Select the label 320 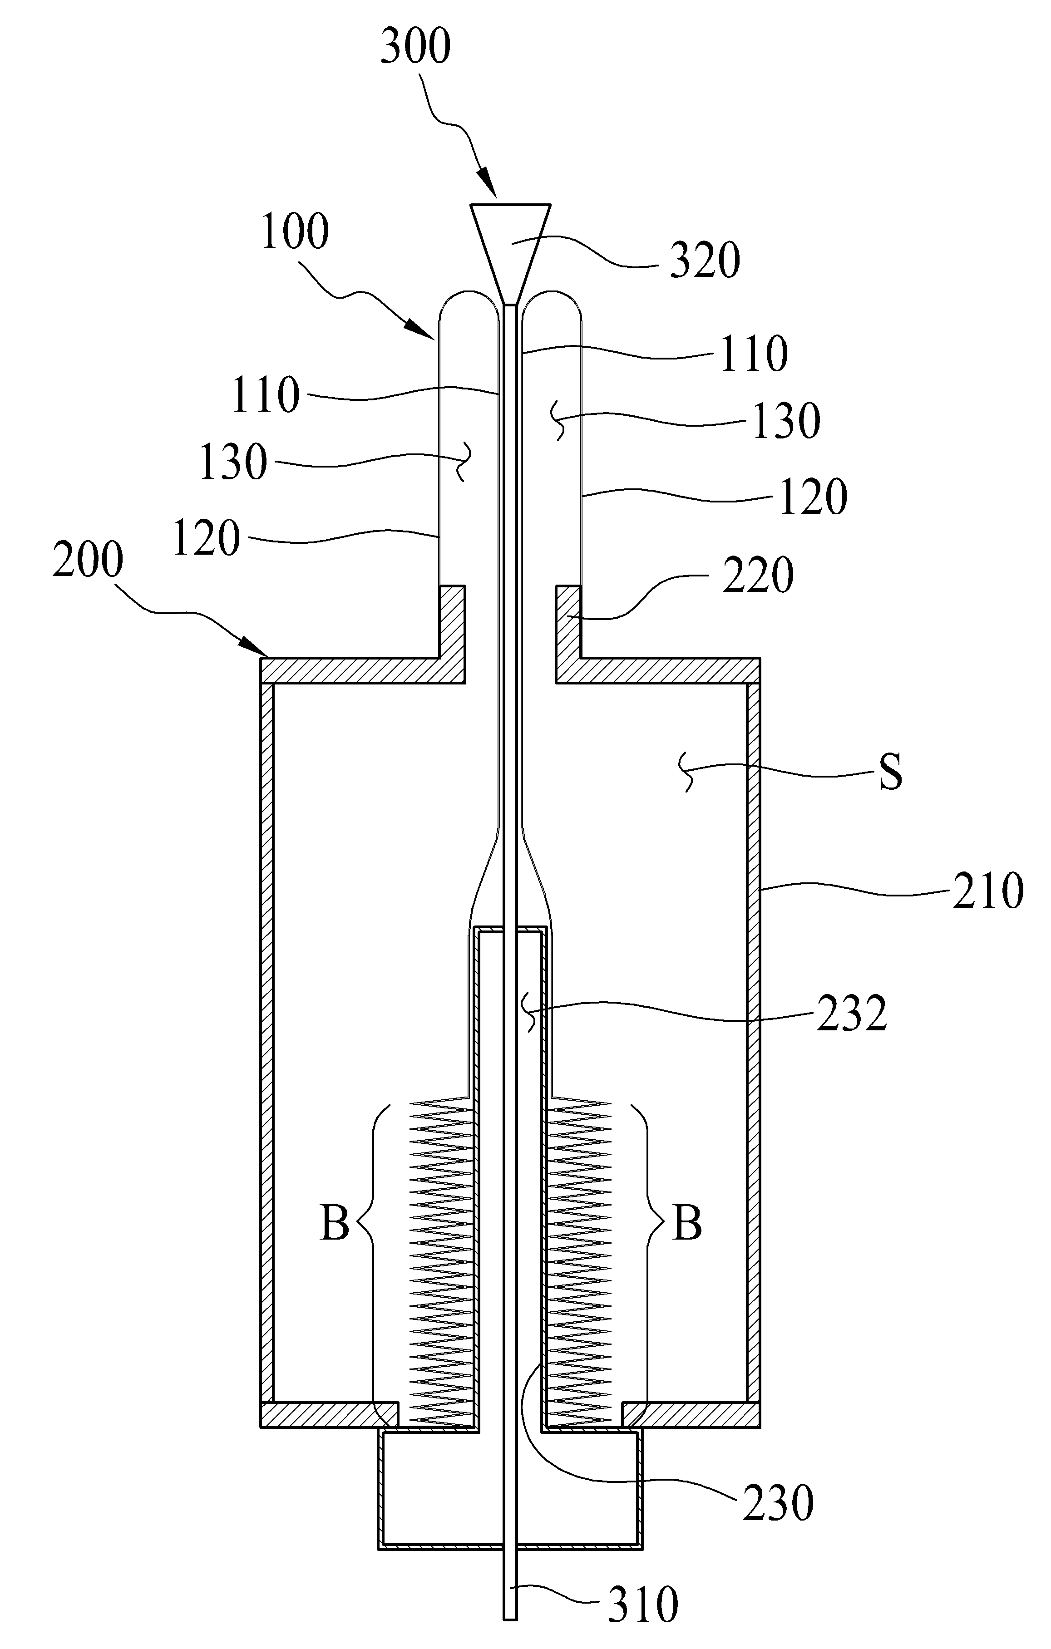705,261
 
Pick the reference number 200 88,560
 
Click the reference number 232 852,1014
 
